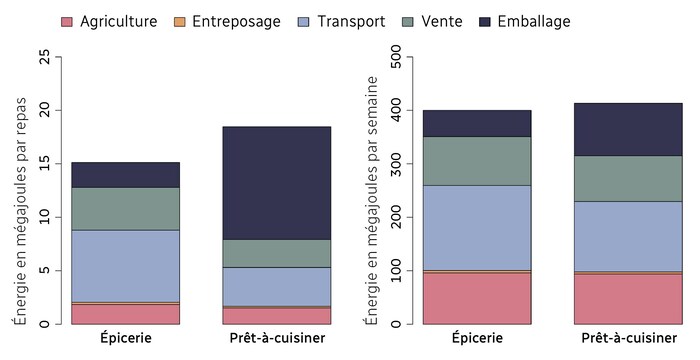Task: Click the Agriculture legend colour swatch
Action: (68, 22)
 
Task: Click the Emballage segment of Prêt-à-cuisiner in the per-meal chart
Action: (276, 183)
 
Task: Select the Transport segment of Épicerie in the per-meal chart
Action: (125, 266)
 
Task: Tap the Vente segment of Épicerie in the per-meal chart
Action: (125, 209)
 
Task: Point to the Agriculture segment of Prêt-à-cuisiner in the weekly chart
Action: (628, 299)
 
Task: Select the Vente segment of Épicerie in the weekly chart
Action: (477, 161)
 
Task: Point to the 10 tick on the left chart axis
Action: (43, 217)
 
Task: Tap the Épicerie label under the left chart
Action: (125, 339)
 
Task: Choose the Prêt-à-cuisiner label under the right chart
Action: (628, 339)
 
